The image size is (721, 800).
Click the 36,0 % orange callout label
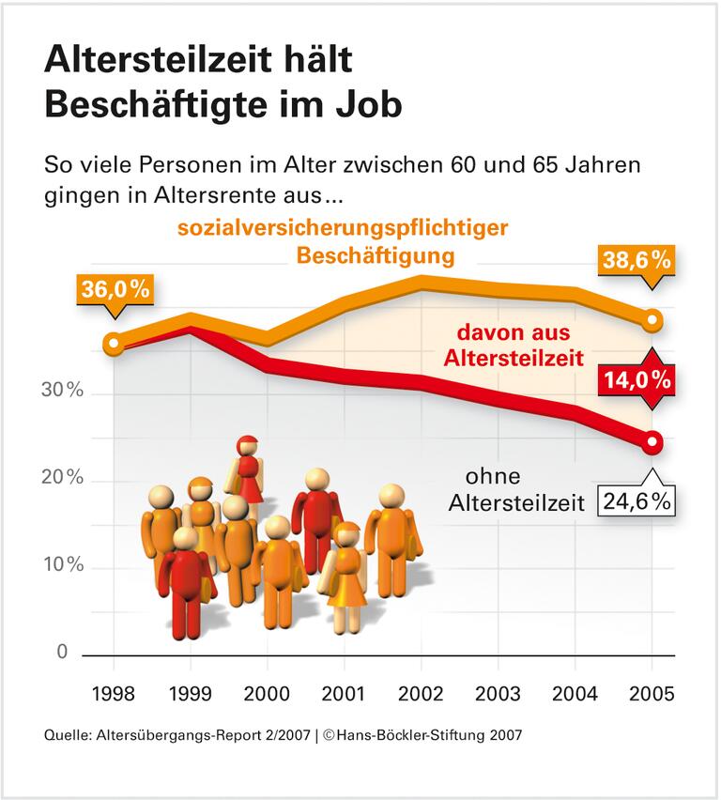coord(115,290)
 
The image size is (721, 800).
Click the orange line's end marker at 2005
coord(653,321)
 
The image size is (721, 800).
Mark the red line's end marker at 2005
coord(653,442)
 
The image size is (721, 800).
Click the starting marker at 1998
coord(114,344)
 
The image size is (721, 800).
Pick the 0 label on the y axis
coord(63,652)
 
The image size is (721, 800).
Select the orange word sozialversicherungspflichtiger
coord(343,228)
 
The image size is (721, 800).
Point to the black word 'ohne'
coord(493,476)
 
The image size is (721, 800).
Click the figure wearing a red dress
coord(249,469)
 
